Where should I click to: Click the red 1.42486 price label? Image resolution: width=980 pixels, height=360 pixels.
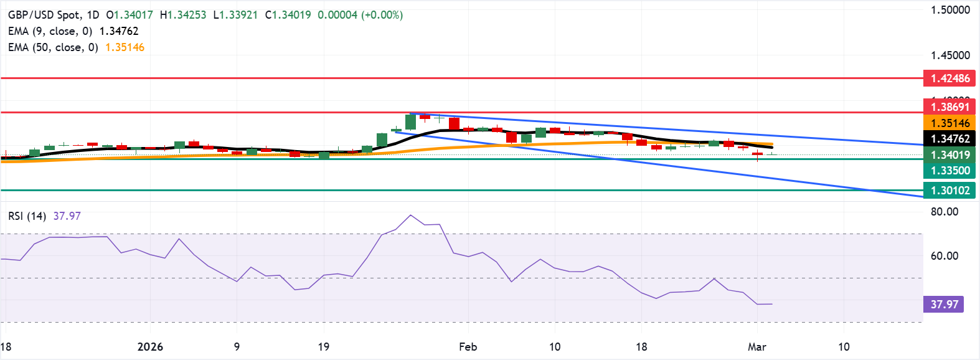949,78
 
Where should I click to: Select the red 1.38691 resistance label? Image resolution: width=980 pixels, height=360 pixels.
949,107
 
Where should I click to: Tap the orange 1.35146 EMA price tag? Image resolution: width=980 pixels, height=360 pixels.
949,123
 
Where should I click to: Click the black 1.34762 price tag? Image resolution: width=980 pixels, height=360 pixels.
949,139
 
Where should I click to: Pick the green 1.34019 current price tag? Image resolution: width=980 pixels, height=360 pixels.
949,155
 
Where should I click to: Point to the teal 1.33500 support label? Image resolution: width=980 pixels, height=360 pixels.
949,171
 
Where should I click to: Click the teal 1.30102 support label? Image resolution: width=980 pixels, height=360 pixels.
949,191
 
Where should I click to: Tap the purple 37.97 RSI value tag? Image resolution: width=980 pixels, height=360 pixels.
944,305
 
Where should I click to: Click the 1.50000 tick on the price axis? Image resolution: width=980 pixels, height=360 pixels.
950,10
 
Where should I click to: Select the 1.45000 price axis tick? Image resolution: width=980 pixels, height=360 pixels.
950,55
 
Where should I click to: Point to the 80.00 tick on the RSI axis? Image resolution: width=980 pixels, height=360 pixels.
945,212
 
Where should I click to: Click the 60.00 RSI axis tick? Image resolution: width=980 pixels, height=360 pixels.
945,256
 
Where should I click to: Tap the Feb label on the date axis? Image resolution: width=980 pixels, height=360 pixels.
468,347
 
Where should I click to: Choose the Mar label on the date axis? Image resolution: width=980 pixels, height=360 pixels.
756,347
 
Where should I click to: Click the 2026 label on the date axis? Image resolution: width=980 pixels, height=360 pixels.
150,347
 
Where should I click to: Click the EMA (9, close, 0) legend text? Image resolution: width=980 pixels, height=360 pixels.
50,31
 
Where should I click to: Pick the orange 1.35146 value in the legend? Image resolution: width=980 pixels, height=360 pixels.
125,47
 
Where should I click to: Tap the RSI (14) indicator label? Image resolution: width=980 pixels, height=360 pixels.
27,216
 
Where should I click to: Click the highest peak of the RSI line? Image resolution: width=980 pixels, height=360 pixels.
410,216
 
